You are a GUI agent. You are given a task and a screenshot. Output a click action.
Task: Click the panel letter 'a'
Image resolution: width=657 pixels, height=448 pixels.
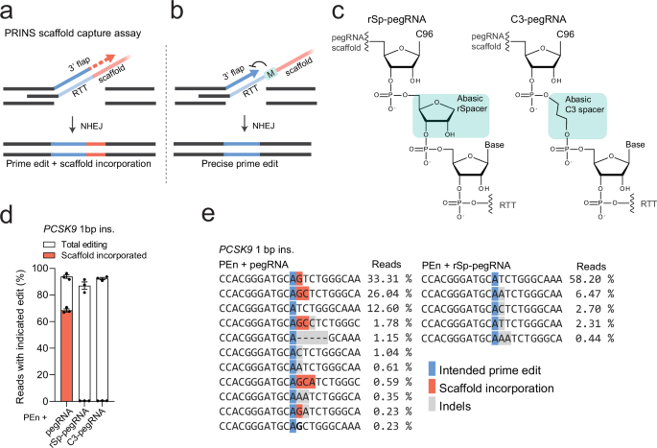click(8, 11)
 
